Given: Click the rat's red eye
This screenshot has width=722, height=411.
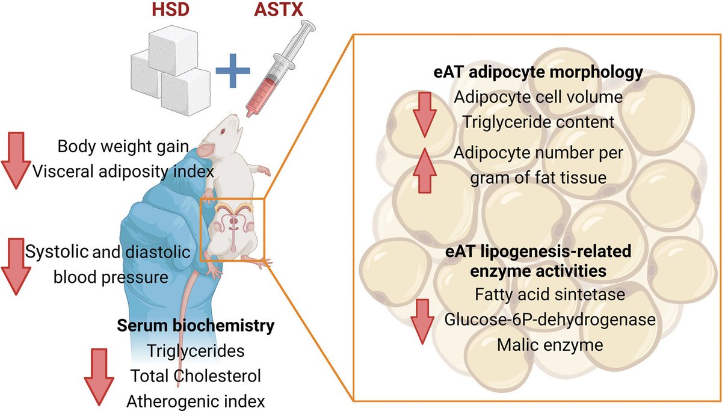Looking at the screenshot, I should (x=223, y=132).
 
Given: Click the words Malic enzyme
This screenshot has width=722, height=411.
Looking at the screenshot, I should (x=537, y=345).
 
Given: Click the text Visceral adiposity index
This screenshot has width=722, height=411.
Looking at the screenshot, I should (x=123, y=172).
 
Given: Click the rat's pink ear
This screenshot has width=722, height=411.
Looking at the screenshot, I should (x=206, y=148).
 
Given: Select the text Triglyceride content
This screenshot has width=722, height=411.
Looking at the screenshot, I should (x=537, y=122).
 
